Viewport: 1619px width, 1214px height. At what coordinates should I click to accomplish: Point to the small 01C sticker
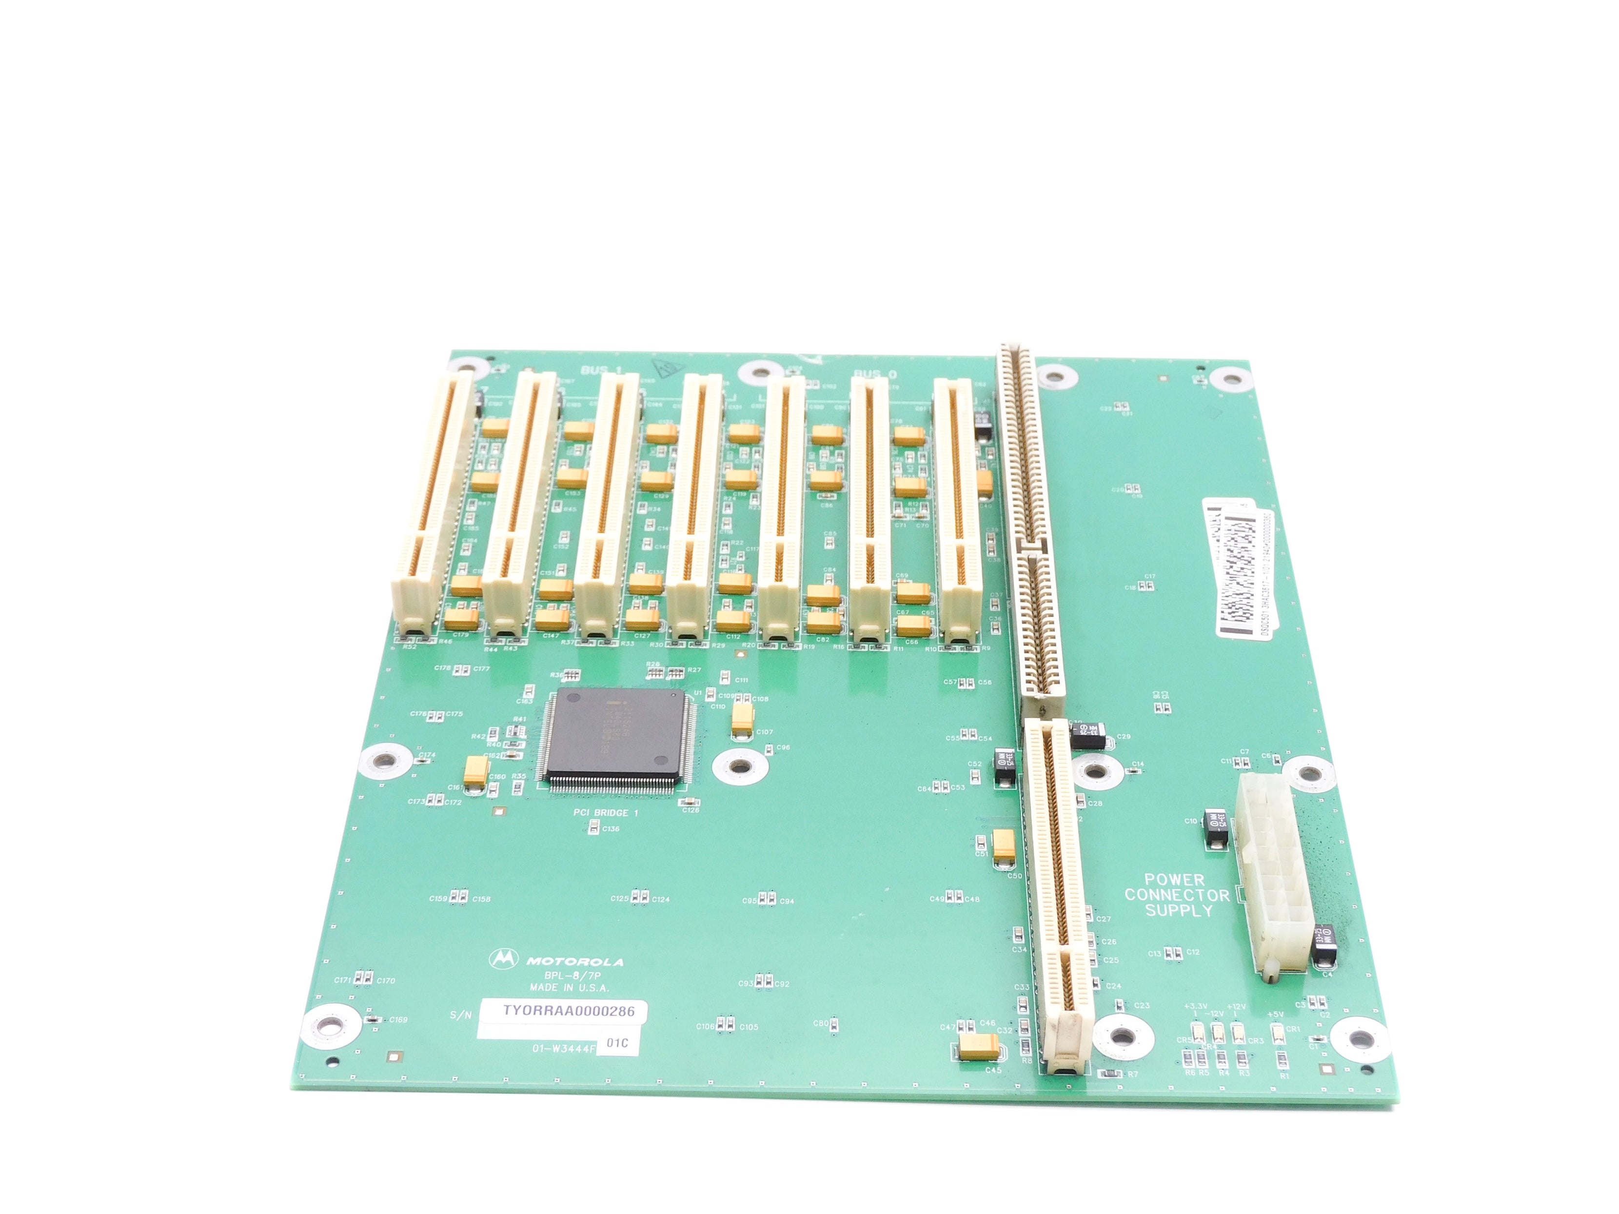(x=617, y=1043)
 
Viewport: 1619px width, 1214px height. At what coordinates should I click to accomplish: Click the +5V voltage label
(x=1276, y=1014)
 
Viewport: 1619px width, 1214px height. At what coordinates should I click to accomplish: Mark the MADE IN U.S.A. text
(x=570, y=988)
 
